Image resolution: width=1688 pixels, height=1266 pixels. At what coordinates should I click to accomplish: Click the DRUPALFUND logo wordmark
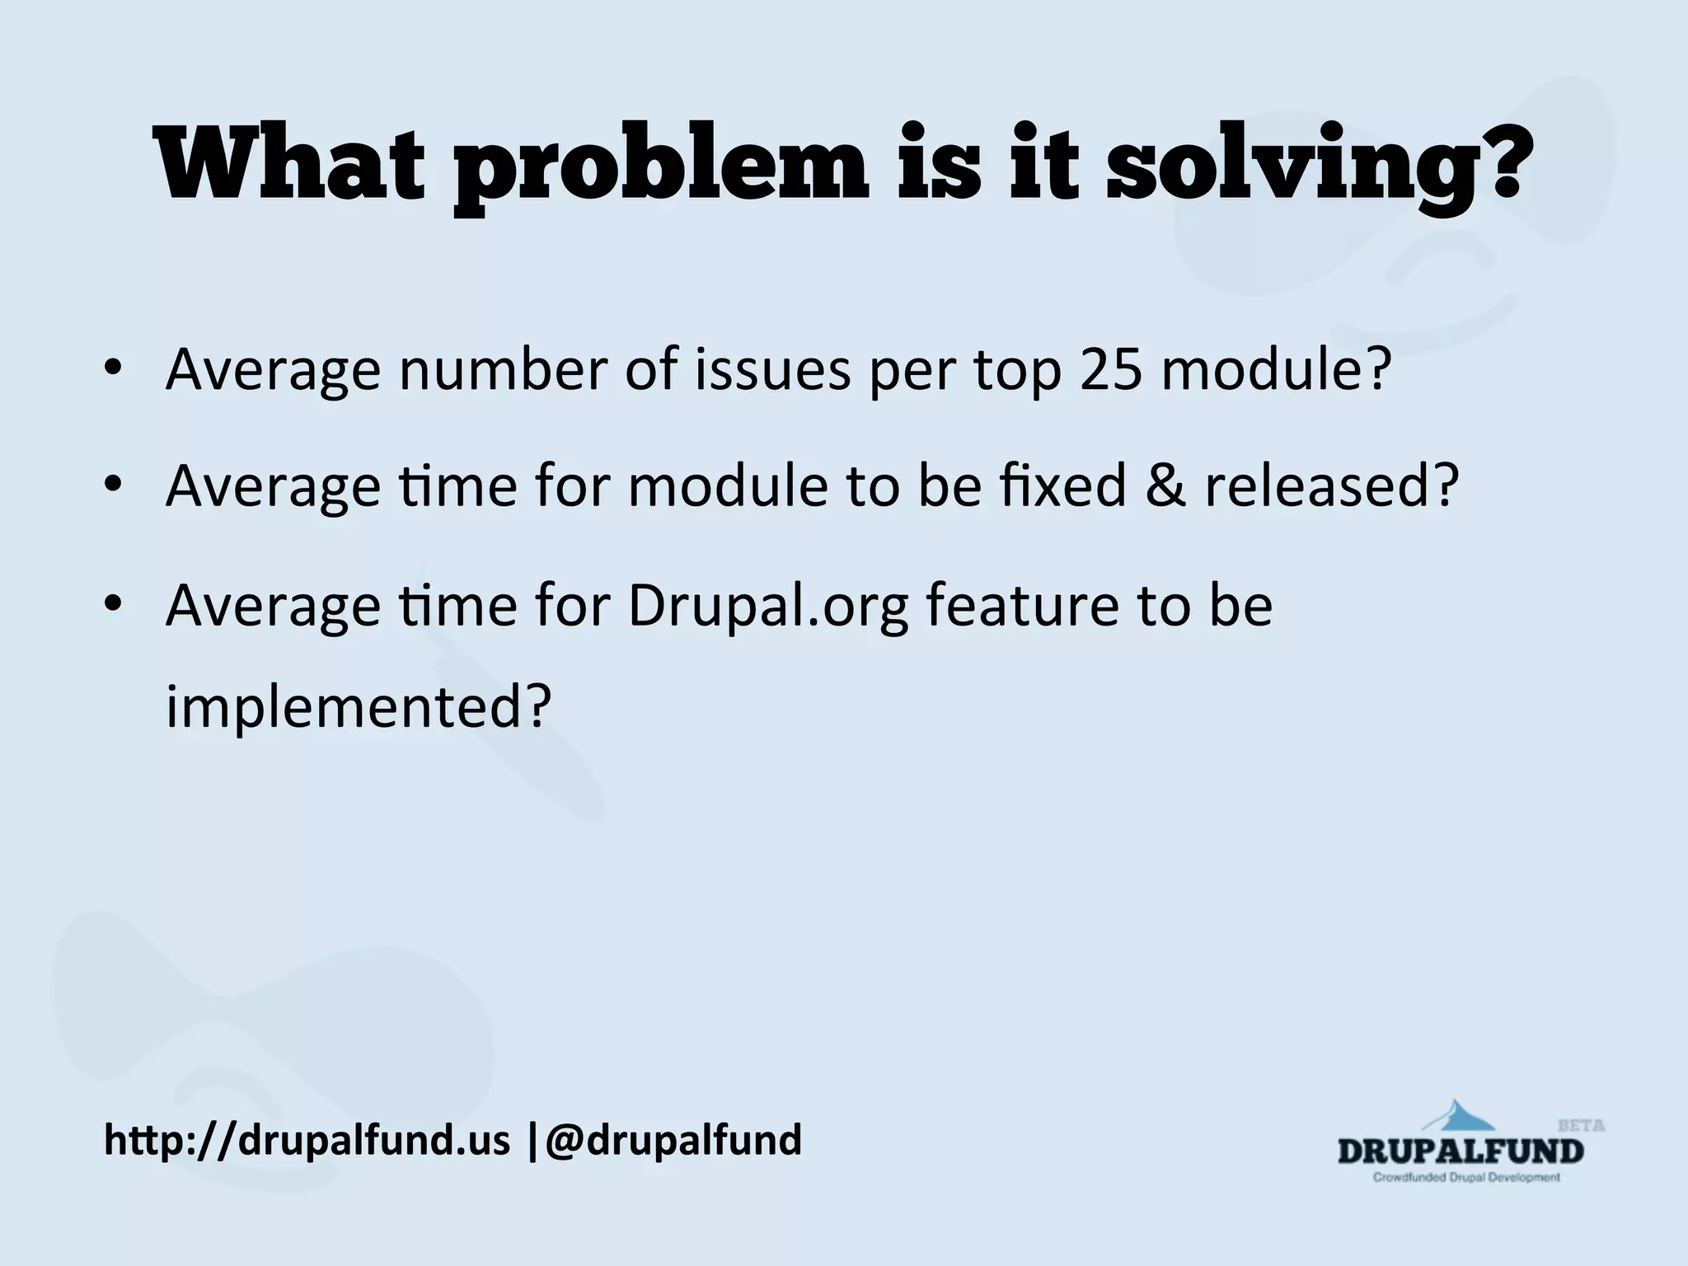(x=1460, y=1151)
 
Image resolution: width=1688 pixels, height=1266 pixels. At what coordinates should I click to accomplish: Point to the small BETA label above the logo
(x=1581, y=1125)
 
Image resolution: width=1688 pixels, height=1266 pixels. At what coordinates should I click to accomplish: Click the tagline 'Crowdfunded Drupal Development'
(x=1465, y=1177)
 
